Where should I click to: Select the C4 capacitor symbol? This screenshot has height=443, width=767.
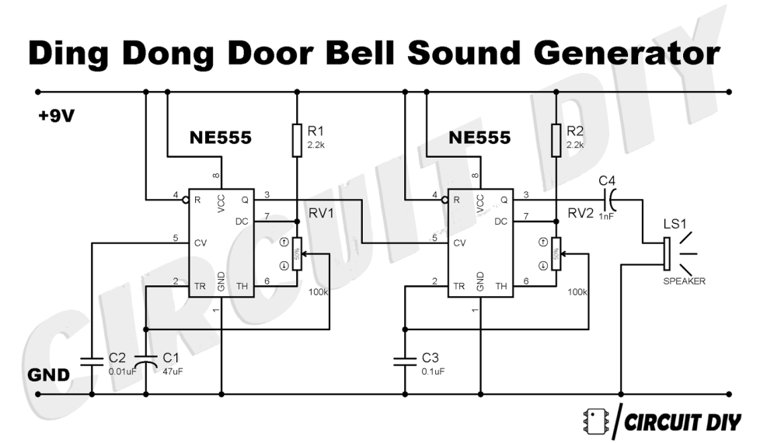[x=611, y=200]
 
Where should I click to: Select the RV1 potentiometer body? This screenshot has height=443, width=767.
[x=296, y=254]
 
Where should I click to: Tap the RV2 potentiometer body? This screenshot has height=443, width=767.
[x=555, y=254]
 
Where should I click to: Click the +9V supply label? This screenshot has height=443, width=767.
[x=57, y=117]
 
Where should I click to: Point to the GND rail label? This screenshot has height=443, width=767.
[x=49, y=375]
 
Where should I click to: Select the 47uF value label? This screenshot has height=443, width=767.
[x=173, y=371]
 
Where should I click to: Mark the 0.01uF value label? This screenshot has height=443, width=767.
[x=122, y=371]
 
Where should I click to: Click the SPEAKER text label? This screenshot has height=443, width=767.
[x=684, y=281]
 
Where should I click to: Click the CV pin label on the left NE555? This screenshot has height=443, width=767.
[x=199, y=242]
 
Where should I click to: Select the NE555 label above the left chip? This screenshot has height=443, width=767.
[x=221, y=138]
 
